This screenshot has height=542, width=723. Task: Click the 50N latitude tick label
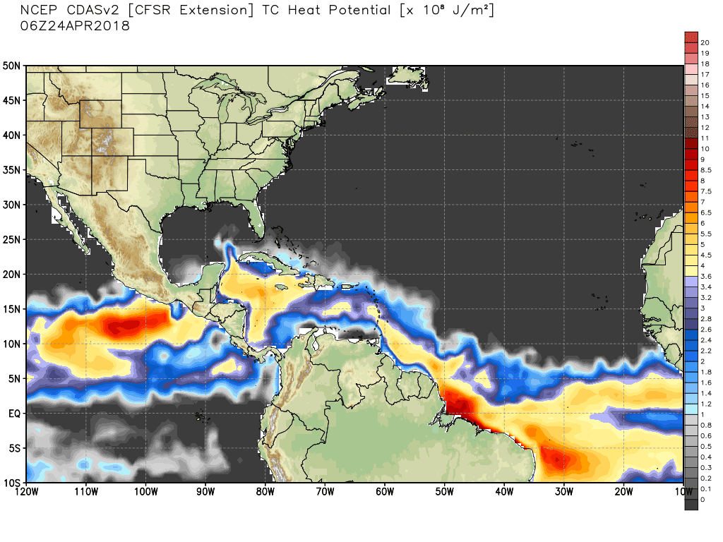12,66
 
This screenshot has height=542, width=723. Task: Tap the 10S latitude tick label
12,483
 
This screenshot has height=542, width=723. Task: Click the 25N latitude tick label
12,239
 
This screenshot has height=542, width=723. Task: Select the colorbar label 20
705,42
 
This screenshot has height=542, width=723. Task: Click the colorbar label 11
705,138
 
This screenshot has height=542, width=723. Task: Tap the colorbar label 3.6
705,276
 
